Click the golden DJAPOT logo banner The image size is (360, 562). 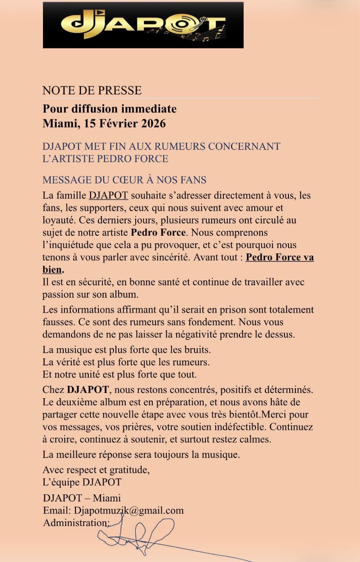click(x=143, y=25)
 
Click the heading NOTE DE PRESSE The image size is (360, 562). click(x=92, y=90)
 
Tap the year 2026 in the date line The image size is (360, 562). click(x=153, y=124)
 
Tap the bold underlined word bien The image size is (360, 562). click(x=52, y=269)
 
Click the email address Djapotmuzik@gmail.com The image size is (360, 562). click(x=129, y=510)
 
